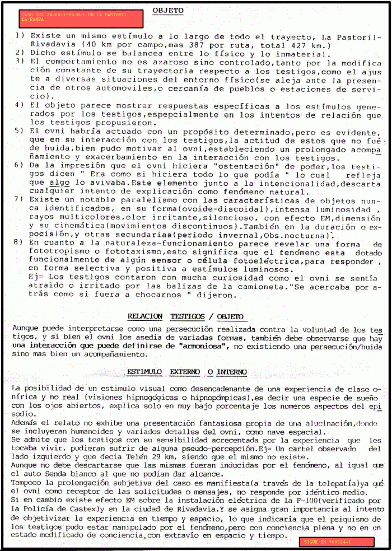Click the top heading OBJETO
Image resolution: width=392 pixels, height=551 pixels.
(x=168, y=11)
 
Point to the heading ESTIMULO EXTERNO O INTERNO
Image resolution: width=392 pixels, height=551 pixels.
(x=186, y=372)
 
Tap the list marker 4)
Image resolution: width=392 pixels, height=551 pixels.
(x=19, y=105)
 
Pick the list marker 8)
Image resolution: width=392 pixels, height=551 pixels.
(x=19, y=242)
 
